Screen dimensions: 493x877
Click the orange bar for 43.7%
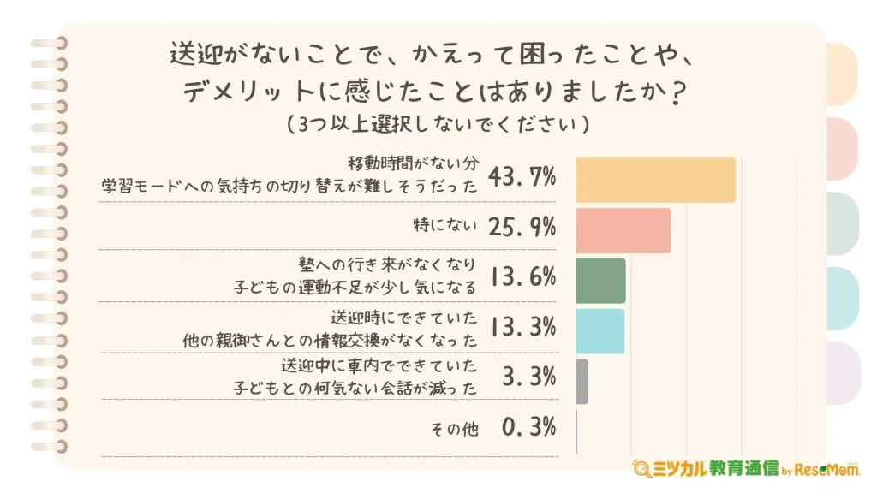coord(655,181)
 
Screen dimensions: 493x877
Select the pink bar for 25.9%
coord(623,230)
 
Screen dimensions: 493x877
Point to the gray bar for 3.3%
coord(582,381)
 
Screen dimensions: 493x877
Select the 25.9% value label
coord(522,227)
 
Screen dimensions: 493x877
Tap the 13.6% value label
coord(522,276)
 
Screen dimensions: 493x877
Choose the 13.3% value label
coord(522,326)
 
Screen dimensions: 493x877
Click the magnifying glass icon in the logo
coord(641,469)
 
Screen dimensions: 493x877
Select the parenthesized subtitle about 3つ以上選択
coord(438,124)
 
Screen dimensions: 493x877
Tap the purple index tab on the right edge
coord(844,373)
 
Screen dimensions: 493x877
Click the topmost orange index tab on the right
coord(844,74)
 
